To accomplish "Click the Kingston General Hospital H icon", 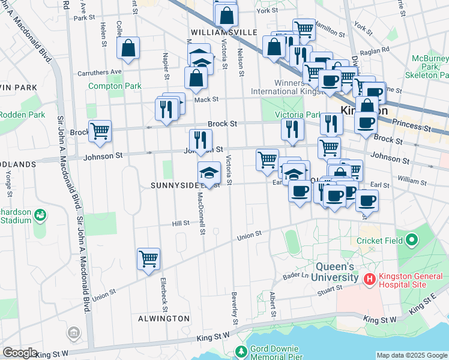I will coord(369,279).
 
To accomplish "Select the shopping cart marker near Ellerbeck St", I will coord(148,259).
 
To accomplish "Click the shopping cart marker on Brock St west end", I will coord(100,130).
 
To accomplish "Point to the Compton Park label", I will coord(115,86).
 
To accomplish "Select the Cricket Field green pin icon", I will coord(411,241).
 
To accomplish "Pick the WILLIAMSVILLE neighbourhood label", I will coord(224,32).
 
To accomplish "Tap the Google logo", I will coord(20,353).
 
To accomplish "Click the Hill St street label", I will coord(181,223).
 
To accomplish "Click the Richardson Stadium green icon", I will coord(40,214).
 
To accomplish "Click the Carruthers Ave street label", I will coord(100,72).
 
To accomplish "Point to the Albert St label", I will coord(273,304).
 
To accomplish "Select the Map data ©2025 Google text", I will coord(412,355).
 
